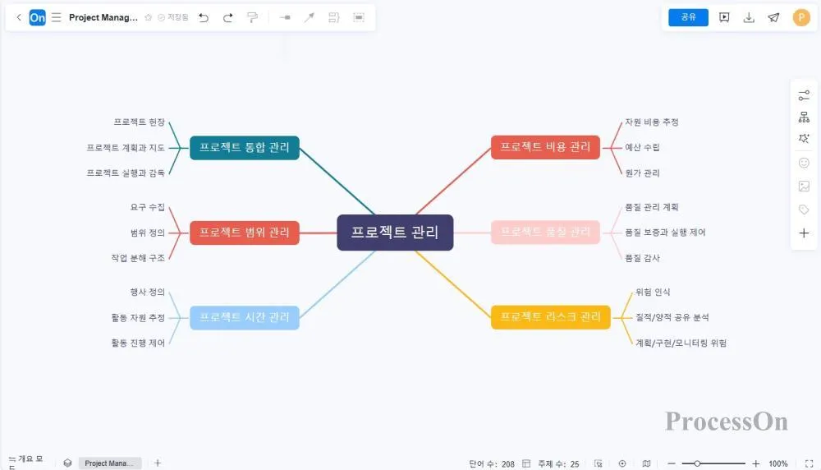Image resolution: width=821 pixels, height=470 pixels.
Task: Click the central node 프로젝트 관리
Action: coord(395,233)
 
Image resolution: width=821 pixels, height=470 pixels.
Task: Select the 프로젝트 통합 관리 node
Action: coord(245,148)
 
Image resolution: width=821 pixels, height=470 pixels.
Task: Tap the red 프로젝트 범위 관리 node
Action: coord(245,233)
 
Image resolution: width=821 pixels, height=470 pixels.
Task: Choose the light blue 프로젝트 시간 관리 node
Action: coord(245,317)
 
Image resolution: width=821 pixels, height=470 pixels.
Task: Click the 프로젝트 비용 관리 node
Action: coord(545,147)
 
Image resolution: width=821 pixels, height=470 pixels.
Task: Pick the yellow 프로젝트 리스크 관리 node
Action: coord(550,317)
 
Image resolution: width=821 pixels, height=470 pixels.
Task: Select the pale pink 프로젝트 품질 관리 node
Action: coord(545,233)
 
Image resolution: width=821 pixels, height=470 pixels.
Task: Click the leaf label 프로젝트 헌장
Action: coord(140,122)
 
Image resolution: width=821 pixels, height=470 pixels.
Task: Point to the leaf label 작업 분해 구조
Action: coord(138,258)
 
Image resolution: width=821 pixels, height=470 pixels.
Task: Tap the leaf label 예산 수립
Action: coord(642,148)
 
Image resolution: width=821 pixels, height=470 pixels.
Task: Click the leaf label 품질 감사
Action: coord(642,258)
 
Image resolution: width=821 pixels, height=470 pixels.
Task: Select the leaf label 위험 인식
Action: coord(653,292)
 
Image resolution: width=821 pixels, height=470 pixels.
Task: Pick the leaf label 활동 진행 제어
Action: coord(138,343)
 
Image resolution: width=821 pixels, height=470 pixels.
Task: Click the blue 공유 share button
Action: coord(688,17)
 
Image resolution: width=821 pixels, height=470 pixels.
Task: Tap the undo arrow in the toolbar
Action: coord(204,17)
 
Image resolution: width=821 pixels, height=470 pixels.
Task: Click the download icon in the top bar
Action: coord(749,17)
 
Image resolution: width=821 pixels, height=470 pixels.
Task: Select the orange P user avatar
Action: coord(801,17)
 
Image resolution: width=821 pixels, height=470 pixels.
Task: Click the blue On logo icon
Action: coord(37,17)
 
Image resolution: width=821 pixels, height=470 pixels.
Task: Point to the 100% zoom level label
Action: coord(778,464)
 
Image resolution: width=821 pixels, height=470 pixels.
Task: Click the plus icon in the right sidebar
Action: coord(804,233)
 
